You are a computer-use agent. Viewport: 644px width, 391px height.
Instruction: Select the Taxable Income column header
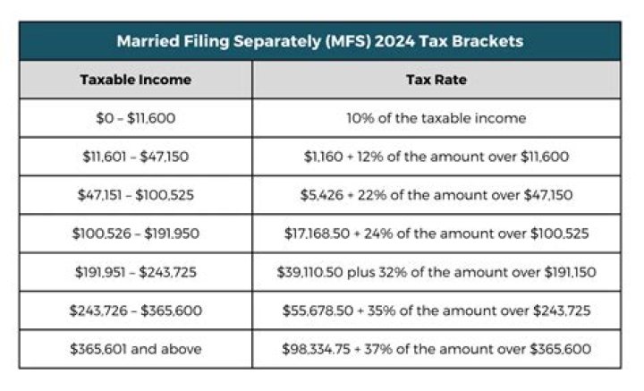point(135,79)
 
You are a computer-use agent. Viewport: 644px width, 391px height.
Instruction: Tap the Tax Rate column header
point(436,79)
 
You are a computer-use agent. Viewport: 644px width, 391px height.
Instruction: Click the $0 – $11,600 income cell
point(135,117)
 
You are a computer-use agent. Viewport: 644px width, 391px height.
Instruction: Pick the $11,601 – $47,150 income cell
point(135,156)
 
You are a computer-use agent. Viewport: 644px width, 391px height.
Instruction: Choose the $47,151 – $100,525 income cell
point(135,194)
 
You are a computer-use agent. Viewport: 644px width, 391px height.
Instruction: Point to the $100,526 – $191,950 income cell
point(135,234)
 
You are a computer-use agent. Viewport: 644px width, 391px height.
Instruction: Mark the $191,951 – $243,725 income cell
point(135,272)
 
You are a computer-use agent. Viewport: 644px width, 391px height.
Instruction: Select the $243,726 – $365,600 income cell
point(135,310)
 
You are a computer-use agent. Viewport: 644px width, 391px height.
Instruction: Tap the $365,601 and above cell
point(135,349)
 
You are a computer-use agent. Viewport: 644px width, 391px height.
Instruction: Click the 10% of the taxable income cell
point(436,117)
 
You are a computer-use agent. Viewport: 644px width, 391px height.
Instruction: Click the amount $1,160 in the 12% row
point(321,156)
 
